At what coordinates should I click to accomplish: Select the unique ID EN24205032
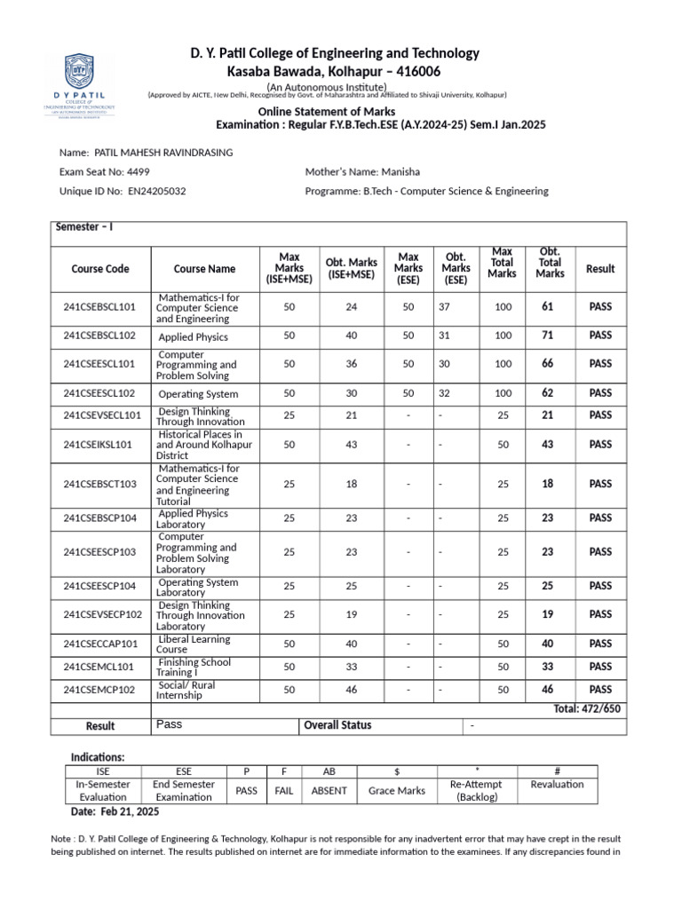tap(157, 191)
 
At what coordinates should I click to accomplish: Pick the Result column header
tap(600, 269)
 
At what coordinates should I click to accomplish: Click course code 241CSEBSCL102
tap(99, 336)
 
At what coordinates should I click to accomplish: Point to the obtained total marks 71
tap(547, 336)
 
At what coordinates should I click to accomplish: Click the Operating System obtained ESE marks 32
tap(445, 392)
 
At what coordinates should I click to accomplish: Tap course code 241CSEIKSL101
tap(98, 445)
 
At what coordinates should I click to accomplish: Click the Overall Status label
tap(337, 725)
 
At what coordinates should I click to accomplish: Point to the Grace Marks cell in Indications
tap(396, 790)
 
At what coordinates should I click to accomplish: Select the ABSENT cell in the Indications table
tap(329, 790)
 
